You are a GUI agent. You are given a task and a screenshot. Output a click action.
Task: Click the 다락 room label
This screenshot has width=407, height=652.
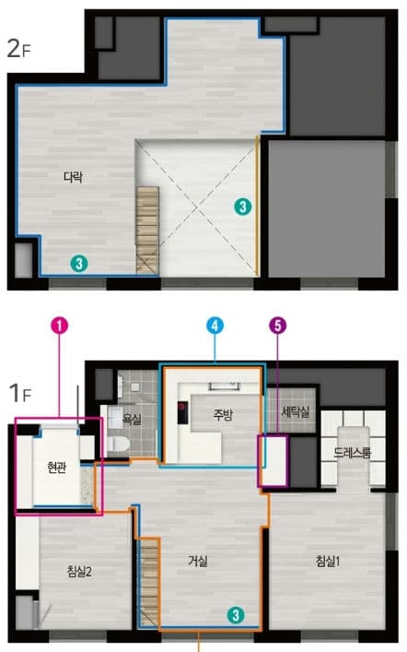pos(73,177)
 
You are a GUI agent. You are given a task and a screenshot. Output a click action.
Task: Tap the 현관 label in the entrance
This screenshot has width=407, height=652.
pos(56,468)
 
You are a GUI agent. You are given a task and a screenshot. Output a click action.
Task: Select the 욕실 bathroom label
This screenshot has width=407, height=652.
pos(132,419)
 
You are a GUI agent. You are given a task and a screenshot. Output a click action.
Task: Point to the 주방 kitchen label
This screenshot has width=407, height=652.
pos(223,414)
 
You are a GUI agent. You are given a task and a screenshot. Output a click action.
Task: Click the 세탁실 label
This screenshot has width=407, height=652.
pos(296,411)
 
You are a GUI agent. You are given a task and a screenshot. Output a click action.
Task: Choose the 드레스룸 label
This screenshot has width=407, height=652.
pos(352,453)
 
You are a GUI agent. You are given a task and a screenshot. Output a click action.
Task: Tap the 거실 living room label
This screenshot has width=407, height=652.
pos(198,561)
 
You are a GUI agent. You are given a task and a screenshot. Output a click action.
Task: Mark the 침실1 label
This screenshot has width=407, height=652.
pos(328,561)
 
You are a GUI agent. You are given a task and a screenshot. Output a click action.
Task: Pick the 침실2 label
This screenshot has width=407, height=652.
pos(79,572)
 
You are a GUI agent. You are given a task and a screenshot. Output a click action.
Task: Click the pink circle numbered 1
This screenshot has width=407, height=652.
pos(59,326)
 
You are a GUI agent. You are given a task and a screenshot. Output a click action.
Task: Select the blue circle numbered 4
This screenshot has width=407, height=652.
pos(215,326)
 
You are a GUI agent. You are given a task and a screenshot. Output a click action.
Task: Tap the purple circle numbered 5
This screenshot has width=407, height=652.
pos(278,326)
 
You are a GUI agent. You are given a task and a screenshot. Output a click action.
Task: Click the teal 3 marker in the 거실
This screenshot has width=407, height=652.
pos(236,614)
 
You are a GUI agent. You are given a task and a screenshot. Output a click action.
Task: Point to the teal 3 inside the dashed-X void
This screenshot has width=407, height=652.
pos(242,207)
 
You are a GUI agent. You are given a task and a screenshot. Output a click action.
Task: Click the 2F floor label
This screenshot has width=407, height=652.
pos(19,49)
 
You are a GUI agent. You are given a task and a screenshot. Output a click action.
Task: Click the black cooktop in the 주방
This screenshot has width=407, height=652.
pos(182,412)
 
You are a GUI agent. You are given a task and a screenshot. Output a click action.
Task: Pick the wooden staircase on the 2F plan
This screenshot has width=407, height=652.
pos(147,230)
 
